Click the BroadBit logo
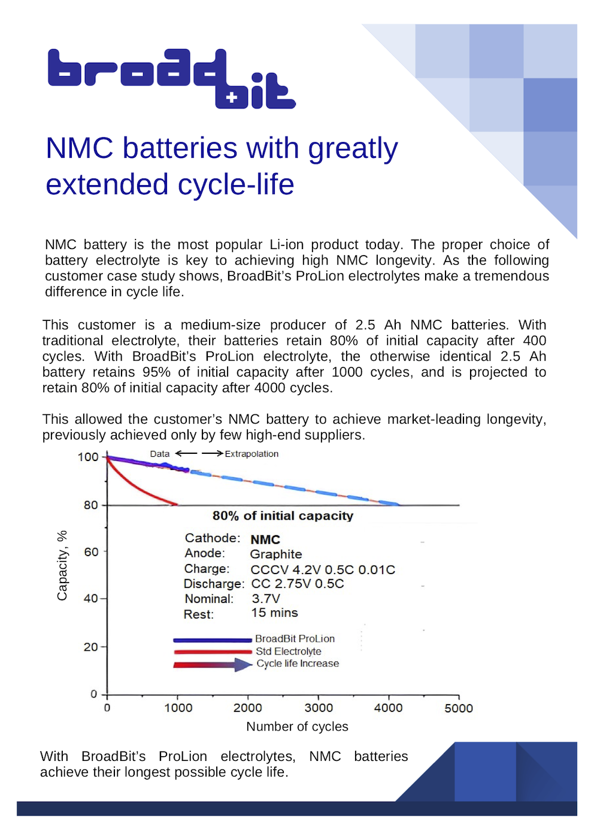pos(171,78)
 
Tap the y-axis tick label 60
pos(91,551)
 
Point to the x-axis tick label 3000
pos(319,708)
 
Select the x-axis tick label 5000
pos(459,708)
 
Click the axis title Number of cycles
pos(297,726)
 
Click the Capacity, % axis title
pos(62,565)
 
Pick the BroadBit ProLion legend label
pos(295,639)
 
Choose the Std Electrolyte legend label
pos(289,651)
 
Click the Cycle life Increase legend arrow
pos(213,665)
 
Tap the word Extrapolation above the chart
pos(251,454)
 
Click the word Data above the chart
pos(160,454)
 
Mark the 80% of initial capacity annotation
pos(283,515)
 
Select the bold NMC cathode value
pos(265,539)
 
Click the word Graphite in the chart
pos(276,554)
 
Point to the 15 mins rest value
pos(274,612)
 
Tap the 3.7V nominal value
pos(265,598)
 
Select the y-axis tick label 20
pos(91,647)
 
